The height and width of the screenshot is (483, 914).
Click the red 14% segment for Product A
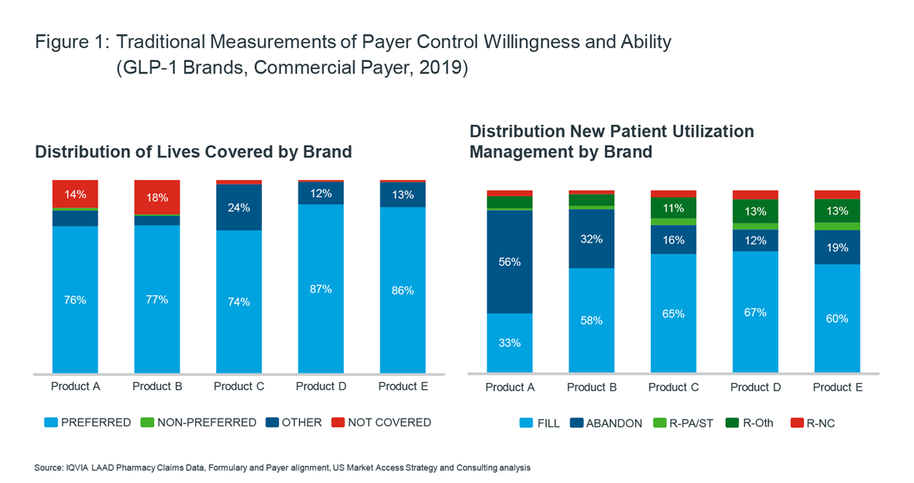point(75,194)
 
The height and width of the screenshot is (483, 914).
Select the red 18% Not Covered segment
point(157,197)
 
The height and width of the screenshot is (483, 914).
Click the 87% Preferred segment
point(321,288)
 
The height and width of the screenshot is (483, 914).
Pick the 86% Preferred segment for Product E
point(403,290)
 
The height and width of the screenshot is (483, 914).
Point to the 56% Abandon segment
point(510,262)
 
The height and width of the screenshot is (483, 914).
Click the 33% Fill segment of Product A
point(510,343)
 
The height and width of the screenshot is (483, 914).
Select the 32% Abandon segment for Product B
point(592,239)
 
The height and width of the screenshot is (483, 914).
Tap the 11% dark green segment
point(673,208)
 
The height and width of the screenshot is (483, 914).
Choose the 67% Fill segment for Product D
point(755,312)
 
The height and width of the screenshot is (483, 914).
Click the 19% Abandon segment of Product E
point(837,248)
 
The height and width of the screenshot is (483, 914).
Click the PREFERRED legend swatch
point(51,423)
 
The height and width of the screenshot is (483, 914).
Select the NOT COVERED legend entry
point(381,423)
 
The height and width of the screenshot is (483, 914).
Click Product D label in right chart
point(755,387)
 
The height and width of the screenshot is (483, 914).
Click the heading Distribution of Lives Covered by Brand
point(194,152)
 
